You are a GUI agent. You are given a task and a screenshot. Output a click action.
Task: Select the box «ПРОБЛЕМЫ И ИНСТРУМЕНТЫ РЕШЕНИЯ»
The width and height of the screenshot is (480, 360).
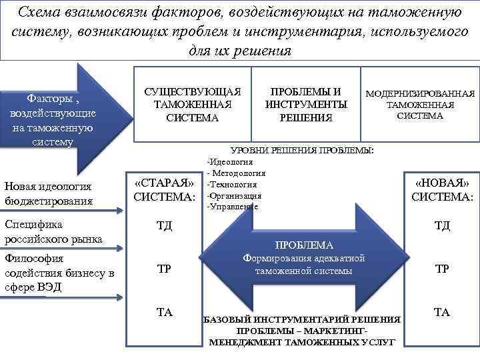306,105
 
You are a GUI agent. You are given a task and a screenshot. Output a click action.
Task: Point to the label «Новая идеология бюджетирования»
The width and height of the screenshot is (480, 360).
48,193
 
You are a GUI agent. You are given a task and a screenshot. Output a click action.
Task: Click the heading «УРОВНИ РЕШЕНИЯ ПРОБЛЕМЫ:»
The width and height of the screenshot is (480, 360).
301,150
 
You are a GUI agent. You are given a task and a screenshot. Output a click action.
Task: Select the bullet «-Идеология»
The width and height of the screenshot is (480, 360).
230,161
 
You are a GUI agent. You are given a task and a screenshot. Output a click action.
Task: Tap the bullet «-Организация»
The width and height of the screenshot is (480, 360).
234,195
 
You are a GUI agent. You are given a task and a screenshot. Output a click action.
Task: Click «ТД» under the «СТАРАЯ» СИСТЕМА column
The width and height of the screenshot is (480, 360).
164,225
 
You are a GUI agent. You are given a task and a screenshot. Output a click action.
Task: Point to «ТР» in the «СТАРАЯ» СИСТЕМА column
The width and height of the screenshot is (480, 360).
163,269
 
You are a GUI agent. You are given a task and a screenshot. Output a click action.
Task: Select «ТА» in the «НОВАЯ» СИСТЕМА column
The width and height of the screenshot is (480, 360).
441,312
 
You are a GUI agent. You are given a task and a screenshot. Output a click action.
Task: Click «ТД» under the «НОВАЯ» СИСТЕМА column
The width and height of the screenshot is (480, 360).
442,225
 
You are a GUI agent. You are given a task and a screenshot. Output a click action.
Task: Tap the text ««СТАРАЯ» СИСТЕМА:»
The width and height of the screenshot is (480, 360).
165,190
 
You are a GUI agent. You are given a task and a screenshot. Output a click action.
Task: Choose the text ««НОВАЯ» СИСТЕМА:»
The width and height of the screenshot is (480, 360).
442,190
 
